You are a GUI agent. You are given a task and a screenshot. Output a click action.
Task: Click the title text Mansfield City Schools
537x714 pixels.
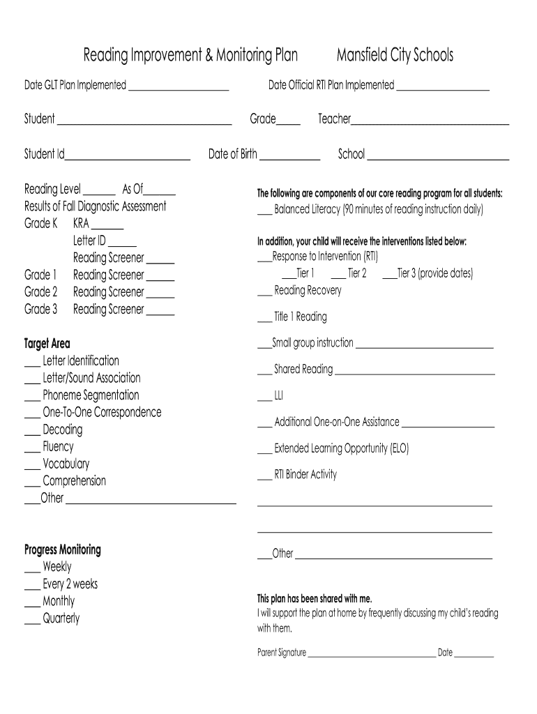pos(394,55)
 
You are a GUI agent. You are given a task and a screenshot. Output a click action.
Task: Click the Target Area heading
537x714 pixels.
pos(47,344)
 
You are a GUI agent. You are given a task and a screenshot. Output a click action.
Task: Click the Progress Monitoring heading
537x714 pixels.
pos(63,550)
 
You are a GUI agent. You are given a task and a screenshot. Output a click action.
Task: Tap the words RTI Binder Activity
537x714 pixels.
pos(305,475)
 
